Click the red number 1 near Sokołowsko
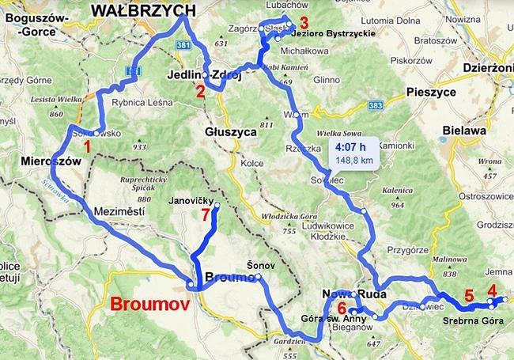point(87,146)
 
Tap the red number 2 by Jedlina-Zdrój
point(201,91)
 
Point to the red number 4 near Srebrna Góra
point(492,290)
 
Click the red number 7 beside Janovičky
point(206,214)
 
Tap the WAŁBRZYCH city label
point(143,9)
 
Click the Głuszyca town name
point(229,132)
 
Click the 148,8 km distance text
point(353,160)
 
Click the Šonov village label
point(258,266)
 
